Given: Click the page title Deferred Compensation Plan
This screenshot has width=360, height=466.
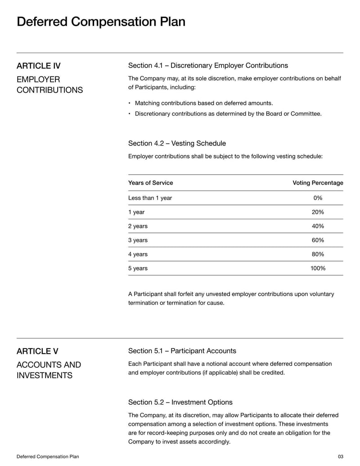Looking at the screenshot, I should click(x=101, y=22).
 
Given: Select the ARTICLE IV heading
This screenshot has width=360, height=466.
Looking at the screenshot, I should click(x=39, y=66).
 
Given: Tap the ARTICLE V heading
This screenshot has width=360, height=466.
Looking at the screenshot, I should click(x=37, y=351).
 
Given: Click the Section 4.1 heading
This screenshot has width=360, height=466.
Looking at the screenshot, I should click(x=208, y=66).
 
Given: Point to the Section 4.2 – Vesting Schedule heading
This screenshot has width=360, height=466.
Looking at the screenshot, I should click(x=177, y=143).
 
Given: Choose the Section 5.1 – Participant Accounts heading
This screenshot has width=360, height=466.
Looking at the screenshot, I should click(x=182, y=351).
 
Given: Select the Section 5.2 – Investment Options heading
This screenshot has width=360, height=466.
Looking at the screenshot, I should click(x=180, y=402).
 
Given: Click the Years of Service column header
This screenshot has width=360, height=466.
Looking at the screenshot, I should click(x=150, y=183).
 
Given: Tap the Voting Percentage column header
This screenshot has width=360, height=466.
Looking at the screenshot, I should click(x=318, y=183).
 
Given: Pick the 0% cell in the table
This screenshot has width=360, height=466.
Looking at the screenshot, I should click(x=318, y=198).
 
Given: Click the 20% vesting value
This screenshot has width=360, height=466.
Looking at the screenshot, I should click(x=318, y=212).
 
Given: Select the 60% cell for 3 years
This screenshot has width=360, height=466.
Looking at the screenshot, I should click(x=318, y=240).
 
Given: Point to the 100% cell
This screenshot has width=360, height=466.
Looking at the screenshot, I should click(x=318, y=268).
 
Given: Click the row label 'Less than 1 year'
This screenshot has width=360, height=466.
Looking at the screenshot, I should click(x=150, y=198).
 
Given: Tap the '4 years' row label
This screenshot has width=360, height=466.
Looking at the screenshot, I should click(x=138, y=254).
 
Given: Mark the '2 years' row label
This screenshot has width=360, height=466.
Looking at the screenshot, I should click(x=138, y=226).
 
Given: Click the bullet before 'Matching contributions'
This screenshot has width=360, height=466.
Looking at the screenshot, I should click(x=130, y=103).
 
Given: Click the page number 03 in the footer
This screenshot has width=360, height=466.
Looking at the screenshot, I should click(x=340, y=457).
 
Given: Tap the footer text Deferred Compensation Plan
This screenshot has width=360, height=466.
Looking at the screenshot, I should click(x=48, y=457).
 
